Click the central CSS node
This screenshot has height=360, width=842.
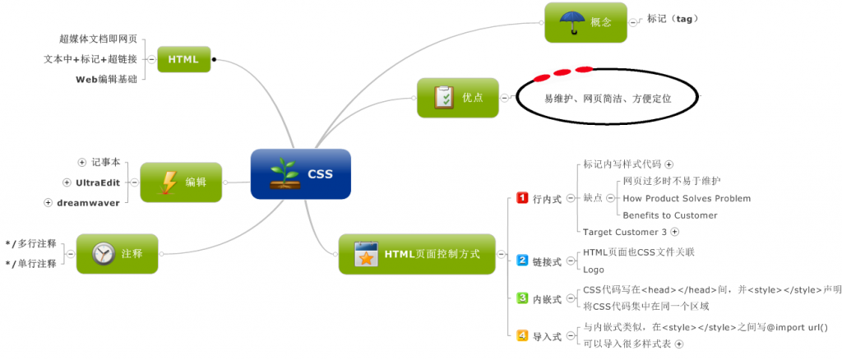click(301, 173)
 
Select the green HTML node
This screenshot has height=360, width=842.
click(183, 59)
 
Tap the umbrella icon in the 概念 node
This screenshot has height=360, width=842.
click(570, 21)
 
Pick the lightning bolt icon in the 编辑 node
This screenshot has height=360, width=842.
click(169, 182)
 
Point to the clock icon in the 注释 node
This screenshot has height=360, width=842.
click(103, 253)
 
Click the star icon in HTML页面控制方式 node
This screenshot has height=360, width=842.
click(365, 254)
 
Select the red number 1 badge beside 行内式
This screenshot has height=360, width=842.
click(522, 198)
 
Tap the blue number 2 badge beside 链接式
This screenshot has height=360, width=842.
click(522, 261)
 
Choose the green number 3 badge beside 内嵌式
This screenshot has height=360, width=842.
click(522, 298)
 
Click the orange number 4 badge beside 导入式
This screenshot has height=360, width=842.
click(522, 335)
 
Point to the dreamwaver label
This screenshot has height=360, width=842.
click(88, 202)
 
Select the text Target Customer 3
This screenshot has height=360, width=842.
click(625, 233)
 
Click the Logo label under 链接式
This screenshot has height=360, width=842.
click(594, 269)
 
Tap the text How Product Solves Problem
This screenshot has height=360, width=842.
click(687, 198)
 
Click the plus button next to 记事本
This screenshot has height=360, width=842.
click(81, 162)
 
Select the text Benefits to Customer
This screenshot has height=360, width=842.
click(670, 215)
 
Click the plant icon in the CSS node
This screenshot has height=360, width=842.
click(285, 173)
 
